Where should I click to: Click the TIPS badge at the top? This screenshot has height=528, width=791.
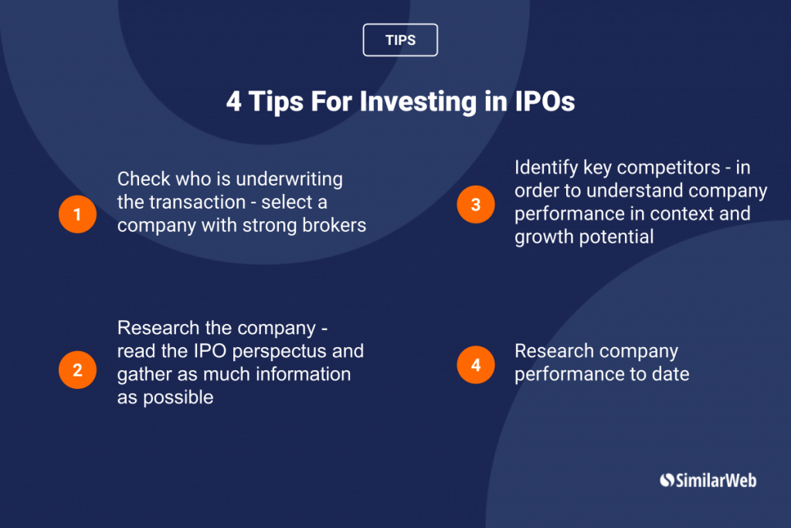point(400,40)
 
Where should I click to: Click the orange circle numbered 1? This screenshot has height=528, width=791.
point(77,213)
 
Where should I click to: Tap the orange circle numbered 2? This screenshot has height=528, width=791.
point(77,370)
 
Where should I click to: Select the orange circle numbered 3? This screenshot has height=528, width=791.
point(475,204)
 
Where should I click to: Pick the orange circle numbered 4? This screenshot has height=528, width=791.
point(475,364)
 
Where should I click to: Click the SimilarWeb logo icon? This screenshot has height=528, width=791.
point(667,480)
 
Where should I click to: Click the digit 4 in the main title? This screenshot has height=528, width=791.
point(233,102)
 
